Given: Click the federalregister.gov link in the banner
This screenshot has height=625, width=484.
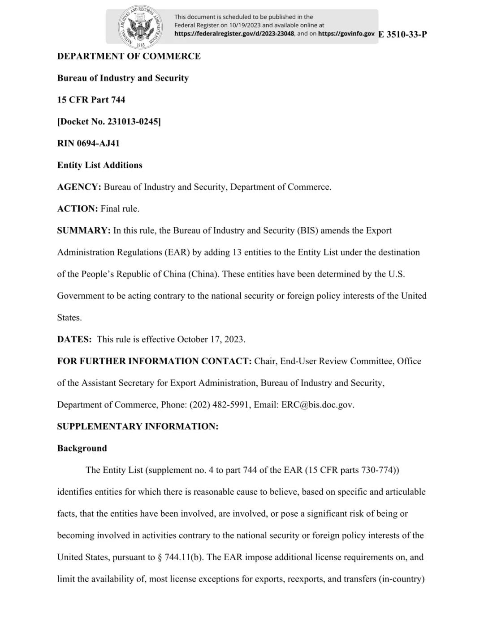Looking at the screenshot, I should pyautogui.click(x=234, y=34).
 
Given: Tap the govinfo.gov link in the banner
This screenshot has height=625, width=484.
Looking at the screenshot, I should pyautogui.click(x=346, y=34).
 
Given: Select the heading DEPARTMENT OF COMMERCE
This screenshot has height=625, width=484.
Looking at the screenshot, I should pyautogui.click(x=129, y=56).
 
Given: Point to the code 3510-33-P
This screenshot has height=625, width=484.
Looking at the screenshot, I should pyautogui.click(x=406, y=34).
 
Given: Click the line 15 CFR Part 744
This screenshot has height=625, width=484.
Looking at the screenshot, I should pyautogui.click(x=91, y=100).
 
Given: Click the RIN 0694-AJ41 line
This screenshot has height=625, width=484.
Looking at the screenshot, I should pyautogui.click(x=88, y=144).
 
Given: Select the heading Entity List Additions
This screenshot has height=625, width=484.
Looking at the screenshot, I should pyautogui.click(x=99, y=165).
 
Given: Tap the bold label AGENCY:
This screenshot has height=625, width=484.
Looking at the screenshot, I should pyautogui.click(x=79, y=187).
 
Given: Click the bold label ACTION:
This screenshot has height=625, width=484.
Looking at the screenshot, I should pyautogui.click(x=77, y=209).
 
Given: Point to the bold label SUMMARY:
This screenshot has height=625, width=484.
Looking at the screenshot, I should pyautogui.click(x=83, y=231).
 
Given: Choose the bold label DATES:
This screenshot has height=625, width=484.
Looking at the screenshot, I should pyautogui.click(x=74, y=340).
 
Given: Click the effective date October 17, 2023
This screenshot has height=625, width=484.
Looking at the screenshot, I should pyautogui.click(x=211, y=340).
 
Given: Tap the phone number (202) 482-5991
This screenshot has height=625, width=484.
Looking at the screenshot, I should pyautogui.click(x=219, y=405).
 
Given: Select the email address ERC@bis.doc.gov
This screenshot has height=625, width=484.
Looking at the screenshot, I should pyautogui.click(x=317, y=405).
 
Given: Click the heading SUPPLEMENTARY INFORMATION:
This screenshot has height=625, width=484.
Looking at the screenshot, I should pyautogui.click(x=138, y=427).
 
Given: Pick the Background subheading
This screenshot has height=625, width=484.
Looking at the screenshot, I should pyautogui.click(x=82, y=448).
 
